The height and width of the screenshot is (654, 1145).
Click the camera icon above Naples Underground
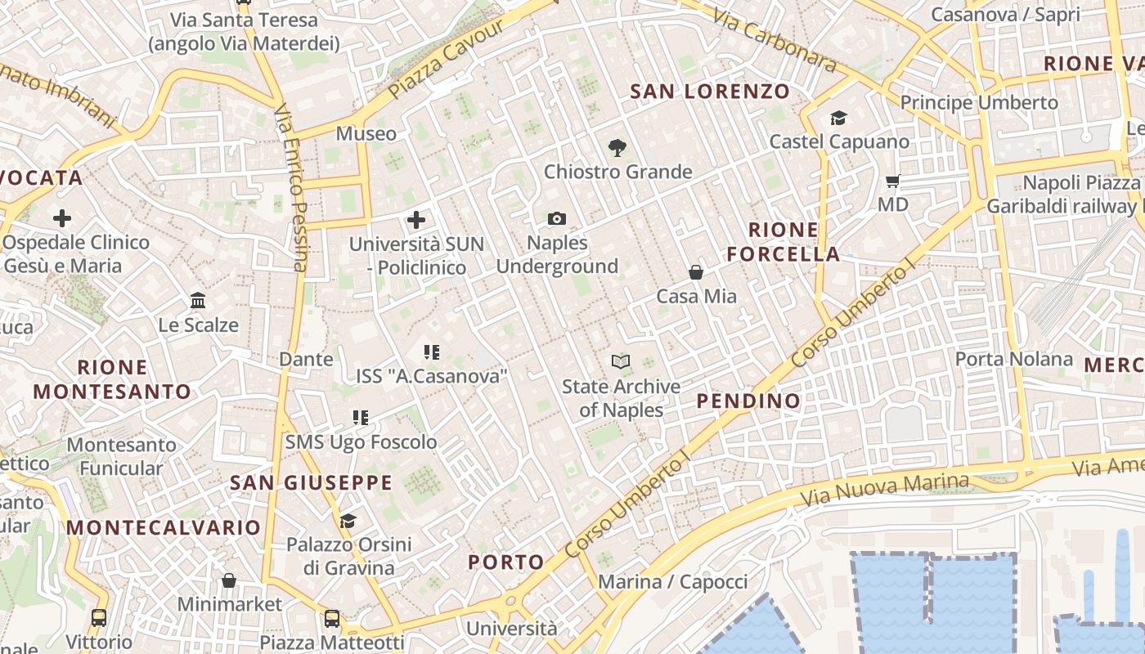click(x=557, y=218)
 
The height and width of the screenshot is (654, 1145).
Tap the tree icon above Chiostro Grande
click(x=617, y=148)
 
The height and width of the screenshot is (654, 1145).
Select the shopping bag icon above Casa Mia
click(x=696, y=272)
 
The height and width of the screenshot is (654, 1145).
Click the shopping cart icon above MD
click(x=892, y=181)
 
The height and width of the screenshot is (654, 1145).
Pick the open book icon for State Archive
click(x=621, y=361)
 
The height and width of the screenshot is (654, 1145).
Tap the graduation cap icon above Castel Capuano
click(x=838, y=119)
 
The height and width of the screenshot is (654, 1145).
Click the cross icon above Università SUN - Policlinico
click(x=416, y=220)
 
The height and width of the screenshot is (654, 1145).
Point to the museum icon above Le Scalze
click(x=198, y=301)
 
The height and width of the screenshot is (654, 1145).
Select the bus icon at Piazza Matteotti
click(x=332, y=618)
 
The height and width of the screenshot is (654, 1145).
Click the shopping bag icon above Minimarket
click(x=229, y=580)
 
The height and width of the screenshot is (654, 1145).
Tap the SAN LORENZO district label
click(x=710, y=92)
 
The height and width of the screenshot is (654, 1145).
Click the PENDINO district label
click(x=748, y=401)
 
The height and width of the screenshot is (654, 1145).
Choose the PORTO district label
click(x=506, y=562)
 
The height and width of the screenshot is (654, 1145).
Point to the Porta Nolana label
click(x=1013, y=359)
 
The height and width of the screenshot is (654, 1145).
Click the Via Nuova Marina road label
click(x=885, y=489)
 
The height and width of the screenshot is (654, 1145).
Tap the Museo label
click(x=366, y=133)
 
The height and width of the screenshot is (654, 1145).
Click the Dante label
click(x=306, y=359)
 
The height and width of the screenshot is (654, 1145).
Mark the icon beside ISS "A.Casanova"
click(x=432, y=352)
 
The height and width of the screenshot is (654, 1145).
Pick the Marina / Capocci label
click(x=673, y=582)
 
